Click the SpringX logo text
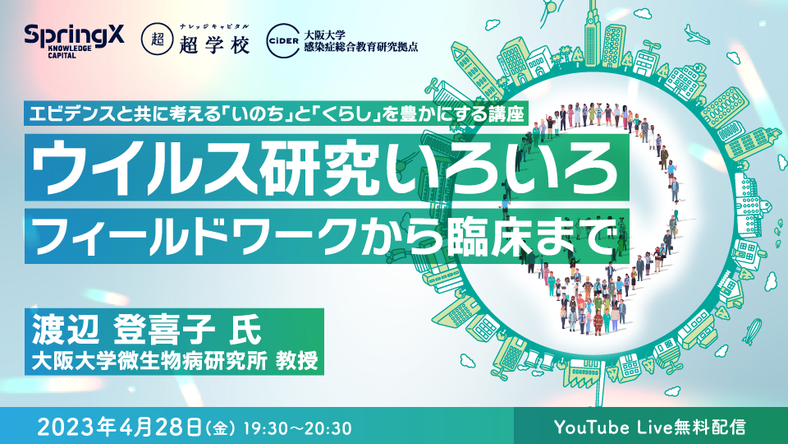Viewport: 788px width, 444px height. pyautogui.click(x=63, y=35)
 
